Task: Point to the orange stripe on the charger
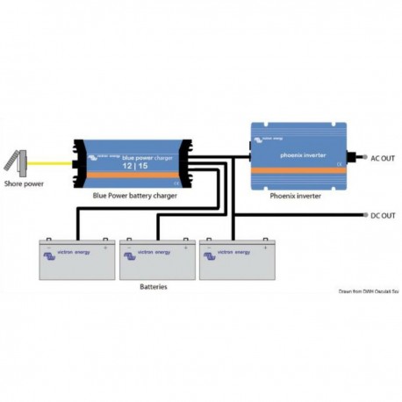tap(132, 180)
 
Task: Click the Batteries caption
tap(154, 286)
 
